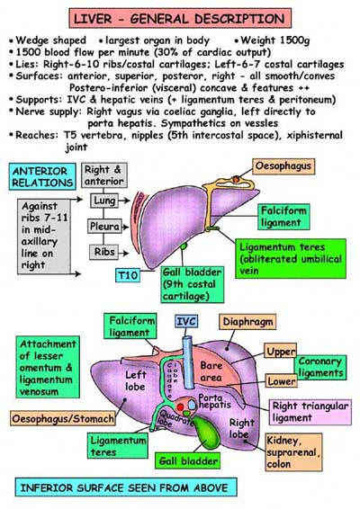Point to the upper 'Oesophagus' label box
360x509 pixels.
point(290,168)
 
